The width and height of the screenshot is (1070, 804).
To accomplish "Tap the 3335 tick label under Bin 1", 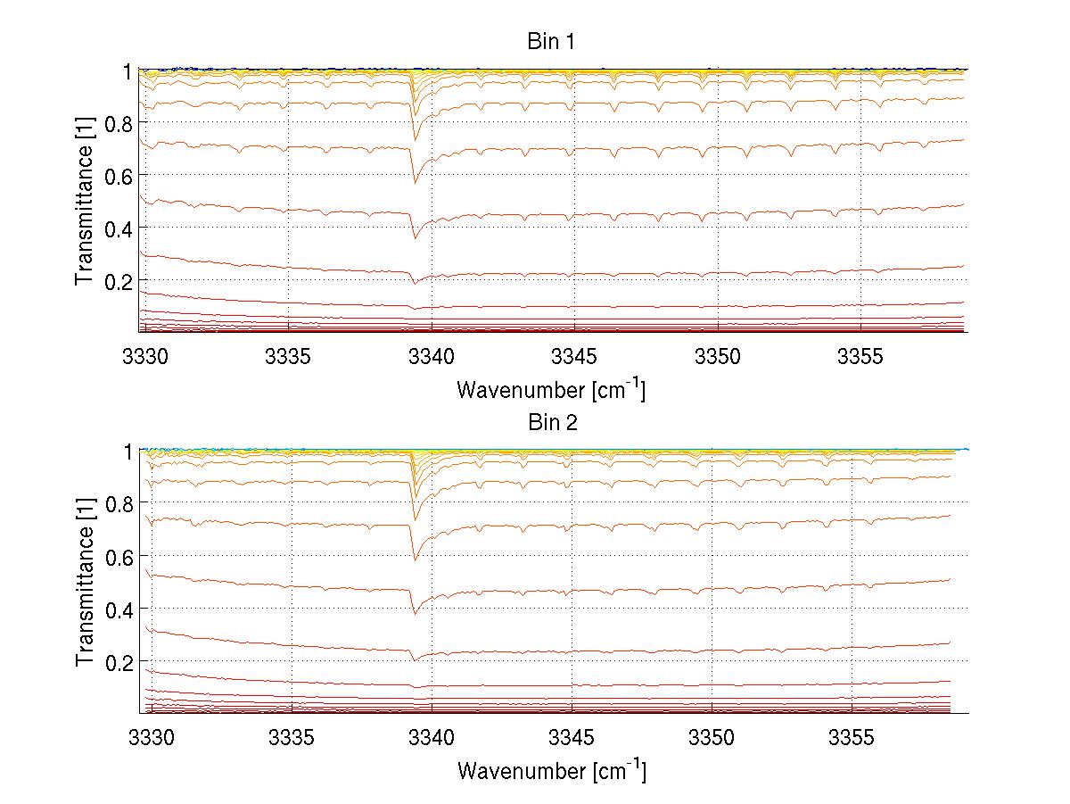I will click(288, 357).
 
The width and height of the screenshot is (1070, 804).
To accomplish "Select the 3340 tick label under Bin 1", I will click(432, 357).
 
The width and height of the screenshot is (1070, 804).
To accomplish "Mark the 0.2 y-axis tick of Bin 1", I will click(120, 280).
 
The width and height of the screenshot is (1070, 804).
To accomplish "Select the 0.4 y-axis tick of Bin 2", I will click(120, 609).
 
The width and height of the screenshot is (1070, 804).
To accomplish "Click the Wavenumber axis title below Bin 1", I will click(551, 389).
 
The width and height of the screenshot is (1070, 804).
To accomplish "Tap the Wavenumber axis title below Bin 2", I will click(551, 770).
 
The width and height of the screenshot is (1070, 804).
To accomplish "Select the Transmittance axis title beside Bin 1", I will click(85, 201).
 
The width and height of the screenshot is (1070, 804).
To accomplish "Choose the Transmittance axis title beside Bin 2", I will click(85, 582).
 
